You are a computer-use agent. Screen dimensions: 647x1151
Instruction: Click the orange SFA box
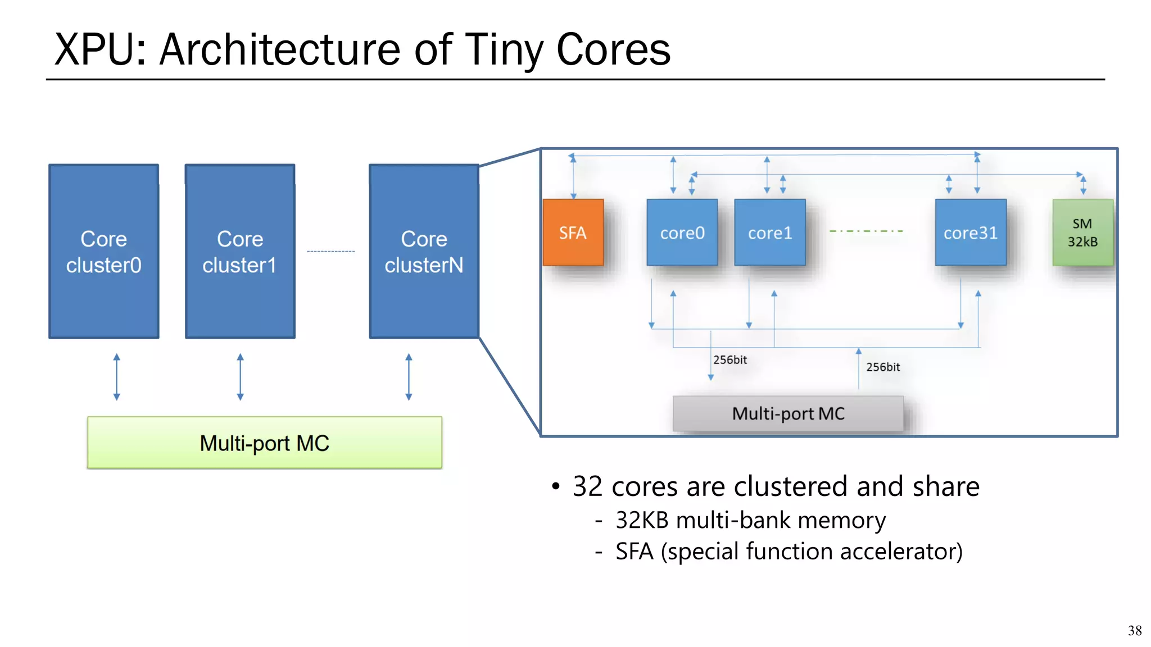[573, 233]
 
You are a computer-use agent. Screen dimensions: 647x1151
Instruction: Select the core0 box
[682, 233]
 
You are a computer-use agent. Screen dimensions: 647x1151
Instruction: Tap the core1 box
[769, 233]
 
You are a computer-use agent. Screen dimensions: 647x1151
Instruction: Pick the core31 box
[970, 233]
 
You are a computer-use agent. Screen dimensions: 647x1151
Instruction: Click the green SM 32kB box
[1082, 233]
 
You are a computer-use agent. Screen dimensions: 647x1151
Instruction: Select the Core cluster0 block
[103, 252]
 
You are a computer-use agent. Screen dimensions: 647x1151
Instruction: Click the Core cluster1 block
[240, 252]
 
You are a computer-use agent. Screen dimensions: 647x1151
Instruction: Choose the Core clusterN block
[424, 252]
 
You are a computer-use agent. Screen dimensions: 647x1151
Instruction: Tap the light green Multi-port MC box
[264, 443]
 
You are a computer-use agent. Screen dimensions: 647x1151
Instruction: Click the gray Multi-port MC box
[788, 414]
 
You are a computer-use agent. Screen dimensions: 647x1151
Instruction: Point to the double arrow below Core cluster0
[116, 377]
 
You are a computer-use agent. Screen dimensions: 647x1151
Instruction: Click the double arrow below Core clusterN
[409, 377]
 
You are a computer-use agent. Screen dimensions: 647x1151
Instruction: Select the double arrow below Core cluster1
[240, 377]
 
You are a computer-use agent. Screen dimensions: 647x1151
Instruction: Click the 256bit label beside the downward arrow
[730, 360]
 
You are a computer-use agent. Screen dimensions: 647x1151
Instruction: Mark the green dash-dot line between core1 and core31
[866, 231]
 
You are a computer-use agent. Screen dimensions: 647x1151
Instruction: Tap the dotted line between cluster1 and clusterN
[330, 251]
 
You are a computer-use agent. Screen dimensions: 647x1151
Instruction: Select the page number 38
[1134, 630]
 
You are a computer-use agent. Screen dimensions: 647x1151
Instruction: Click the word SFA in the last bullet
[634, 552]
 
